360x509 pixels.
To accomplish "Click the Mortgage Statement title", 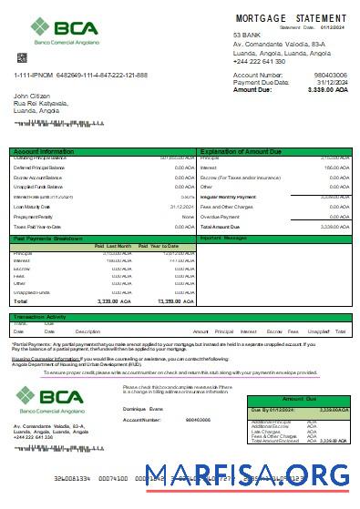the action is (x=291, y=18).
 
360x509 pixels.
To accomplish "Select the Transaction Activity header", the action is (x=44, y=317).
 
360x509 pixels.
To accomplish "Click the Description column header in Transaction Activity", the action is (x=87, y=331).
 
